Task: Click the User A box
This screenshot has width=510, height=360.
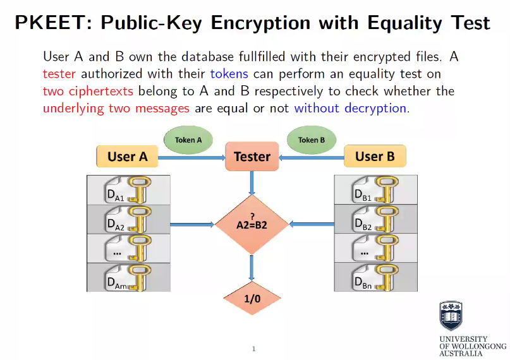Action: point(127,157)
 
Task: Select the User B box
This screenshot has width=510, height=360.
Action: point(375,156)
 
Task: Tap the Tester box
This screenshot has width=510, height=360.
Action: point(252,157)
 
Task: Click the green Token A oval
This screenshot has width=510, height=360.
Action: point(188,140)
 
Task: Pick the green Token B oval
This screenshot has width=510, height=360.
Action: point(311,140)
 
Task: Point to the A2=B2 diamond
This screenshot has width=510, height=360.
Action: point(252,223)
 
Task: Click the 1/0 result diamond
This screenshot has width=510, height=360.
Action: point(252,297)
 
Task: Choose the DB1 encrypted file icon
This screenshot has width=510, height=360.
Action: point(375,189)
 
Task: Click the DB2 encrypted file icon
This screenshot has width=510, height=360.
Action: point(375,219)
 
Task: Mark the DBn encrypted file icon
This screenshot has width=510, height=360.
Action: point(375,277)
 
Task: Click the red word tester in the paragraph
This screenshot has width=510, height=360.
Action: point(59,74)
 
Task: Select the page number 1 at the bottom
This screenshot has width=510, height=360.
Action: point(253,349)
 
